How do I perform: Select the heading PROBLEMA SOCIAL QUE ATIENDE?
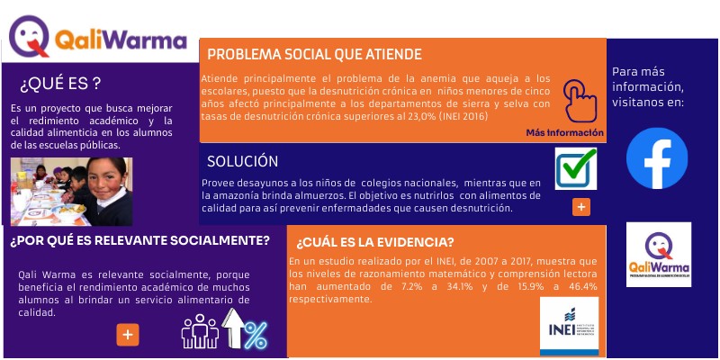(314, 54)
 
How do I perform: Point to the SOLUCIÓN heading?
(242, 161)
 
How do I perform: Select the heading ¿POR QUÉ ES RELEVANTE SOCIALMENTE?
(139, 240)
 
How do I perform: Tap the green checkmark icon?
(575, 167)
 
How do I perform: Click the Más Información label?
(564, 133)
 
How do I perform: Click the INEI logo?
(569, 326)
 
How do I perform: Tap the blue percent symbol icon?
(256, 335)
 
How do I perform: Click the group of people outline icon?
(200, 331)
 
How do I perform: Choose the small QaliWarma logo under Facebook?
(659, 255)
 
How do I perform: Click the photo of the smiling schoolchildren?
(71, 191)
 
